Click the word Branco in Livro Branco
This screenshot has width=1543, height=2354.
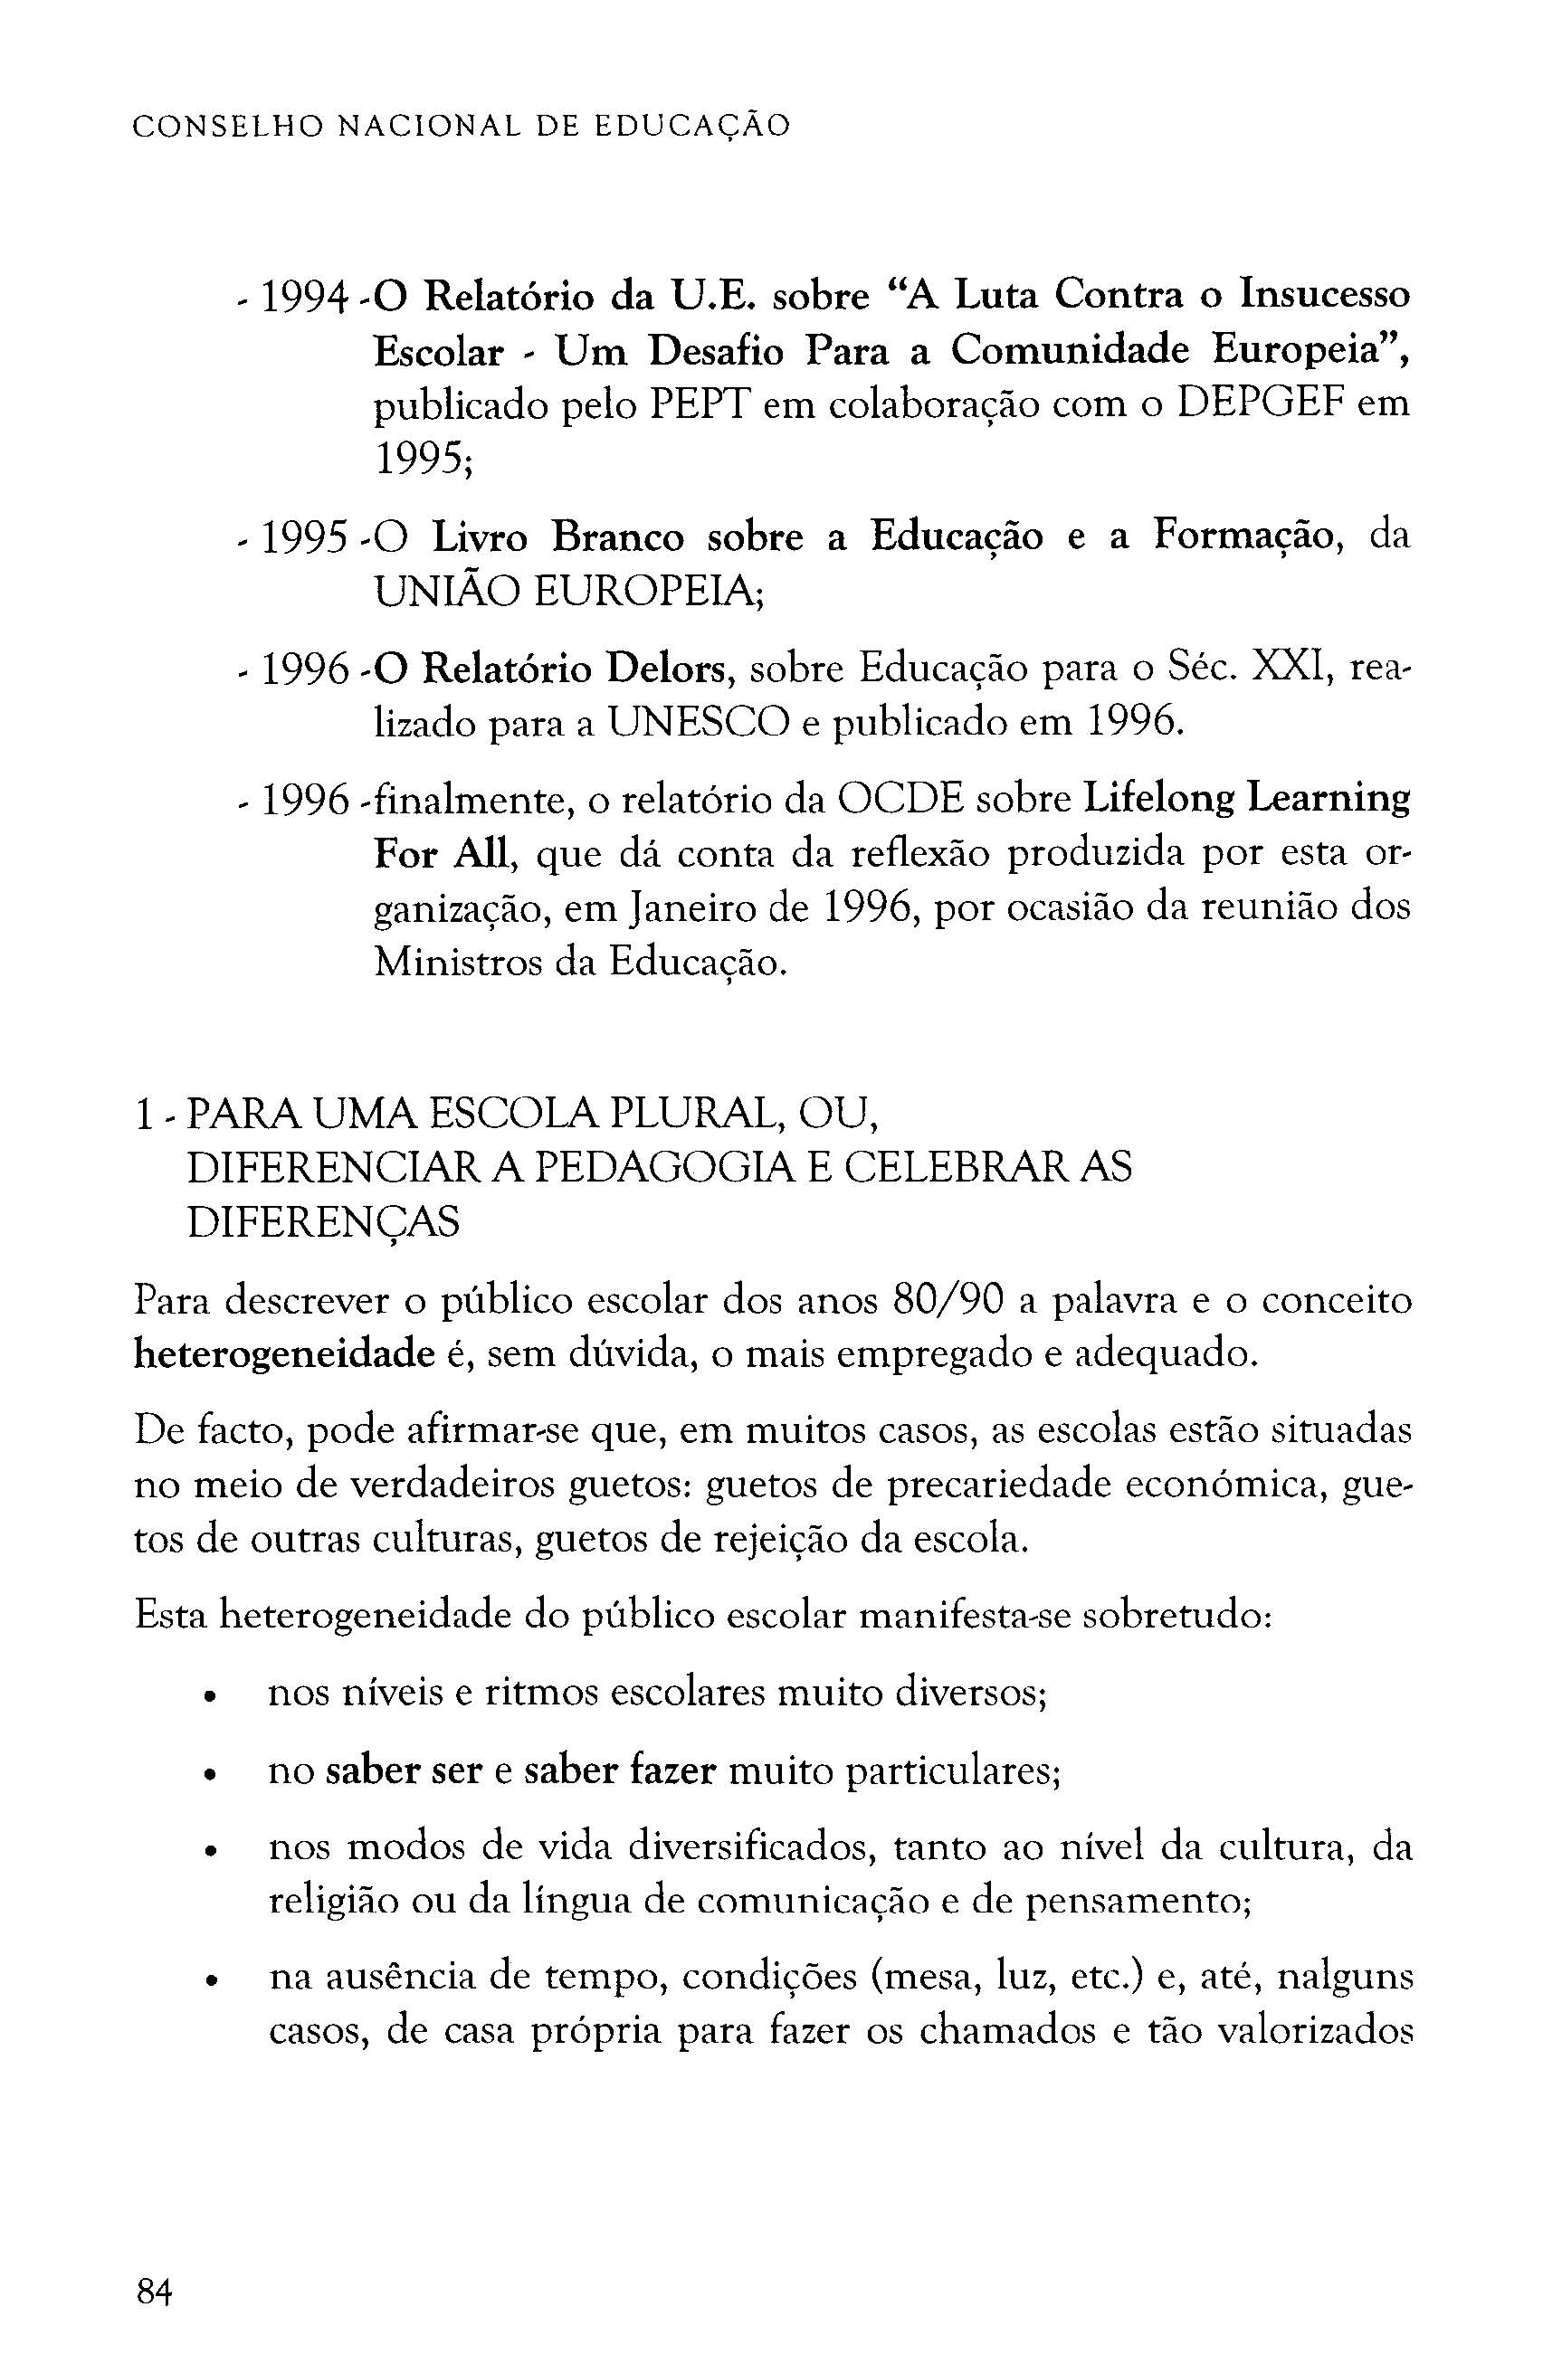618,537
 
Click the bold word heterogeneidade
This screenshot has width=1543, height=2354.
284,1355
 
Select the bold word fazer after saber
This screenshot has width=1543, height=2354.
672,1770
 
